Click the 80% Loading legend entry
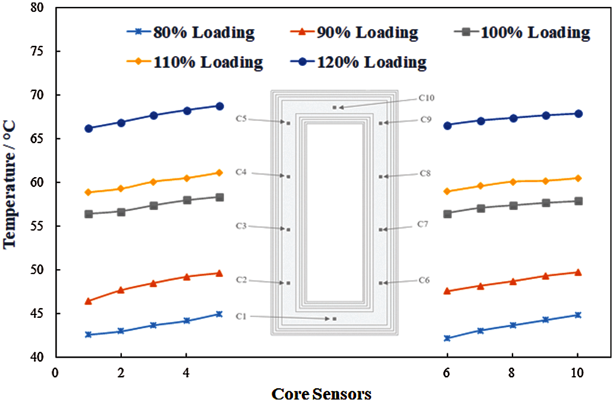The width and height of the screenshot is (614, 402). (x=191, y=33)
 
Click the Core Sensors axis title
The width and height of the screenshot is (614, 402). (x=321, y=394)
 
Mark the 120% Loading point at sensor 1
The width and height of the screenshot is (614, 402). (x=88, y=128)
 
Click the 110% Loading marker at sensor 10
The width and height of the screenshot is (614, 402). (x=578, y=178)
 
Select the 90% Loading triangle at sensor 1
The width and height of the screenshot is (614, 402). (x=88, y=301)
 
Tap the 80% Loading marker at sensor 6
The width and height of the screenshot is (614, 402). (x=447, y=338)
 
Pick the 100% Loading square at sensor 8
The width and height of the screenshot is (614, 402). (x=512, y=206)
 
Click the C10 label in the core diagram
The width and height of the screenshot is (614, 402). (x=426, y=98)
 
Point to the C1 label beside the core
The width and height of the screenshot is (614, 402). (x=240, y=316)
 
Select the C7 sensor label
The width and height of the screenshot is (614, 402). (x=423, y=224)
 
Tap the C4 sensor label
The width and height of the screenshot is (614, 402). (x=241, y=172)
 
